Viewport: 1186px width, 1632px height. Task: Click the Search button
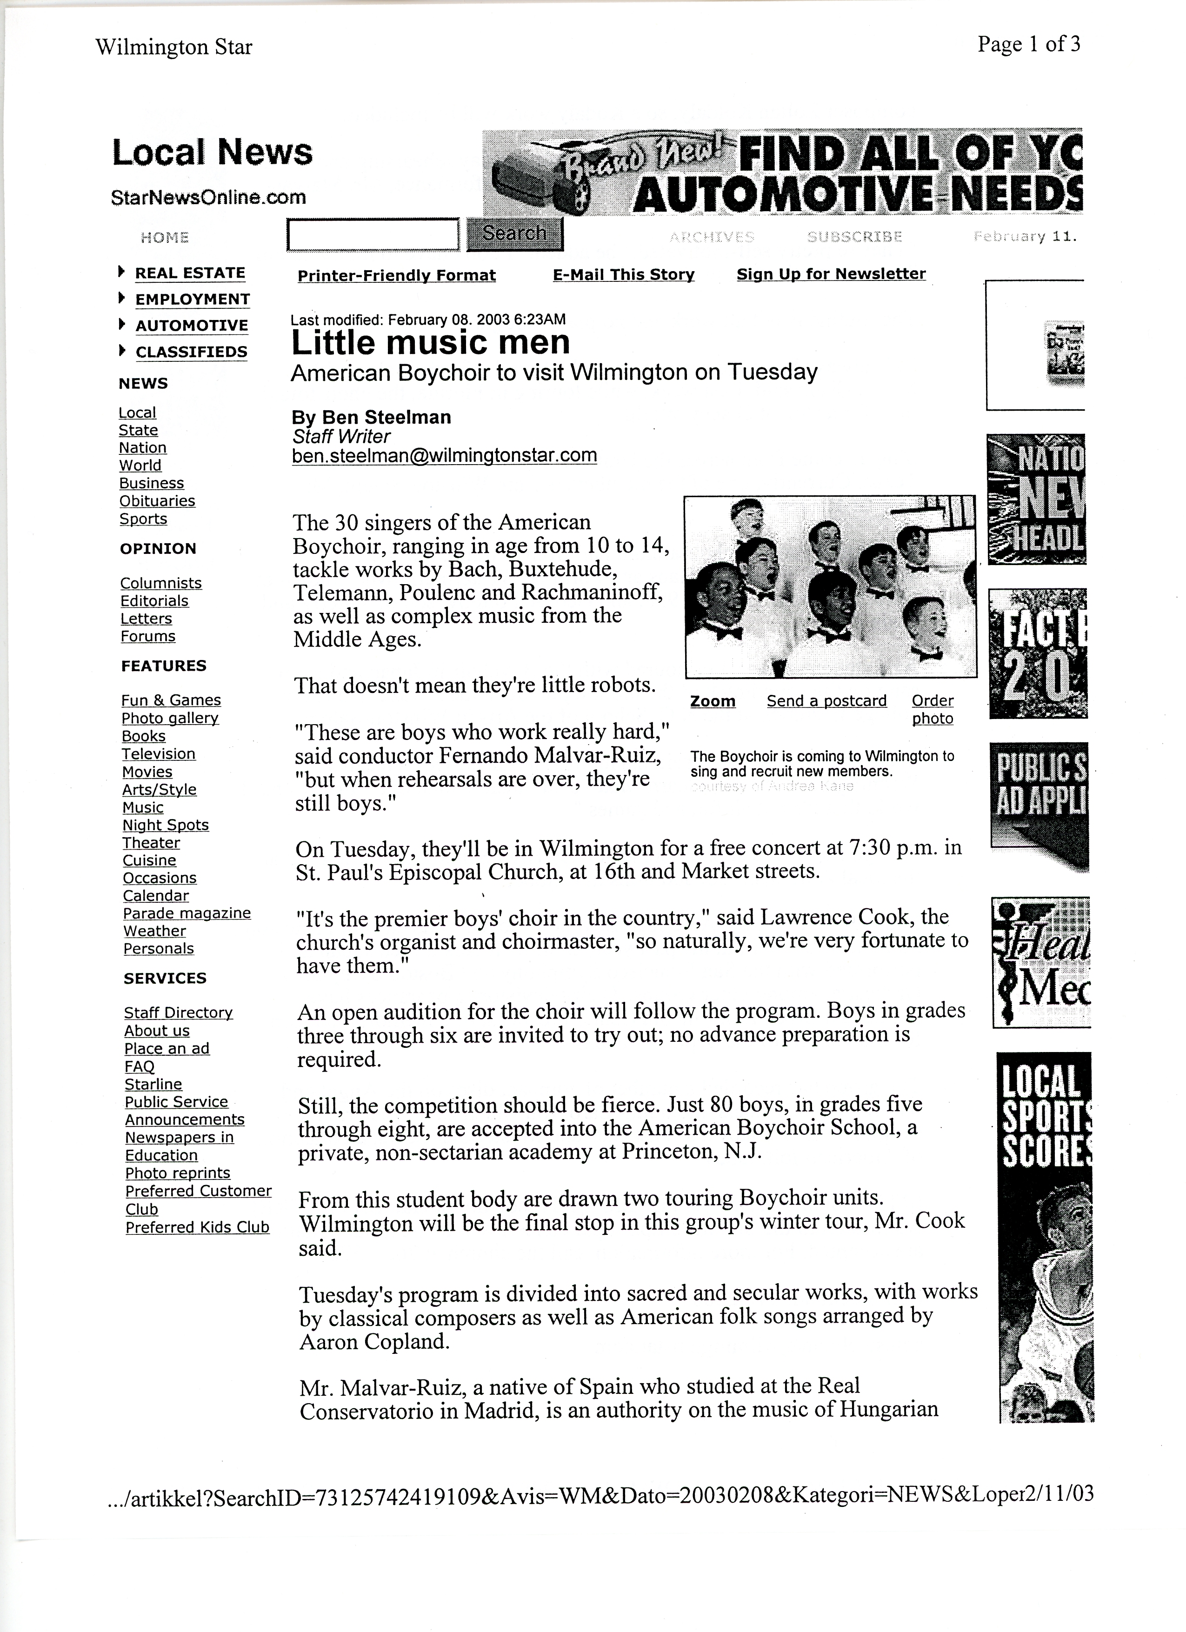coord(514,234)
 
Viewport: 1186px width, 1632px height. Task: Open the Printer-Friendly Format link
coord(397,276)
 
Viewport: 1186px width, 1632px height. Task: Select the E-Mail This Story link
coord(623,275)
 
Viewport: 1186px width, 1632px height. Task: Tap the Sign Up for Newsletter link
coord(831,274)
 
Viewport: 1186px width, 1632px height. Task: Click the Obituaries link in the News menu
coord(157,501)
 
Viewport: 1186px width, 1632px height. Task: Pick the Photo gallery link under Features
coord(170,718)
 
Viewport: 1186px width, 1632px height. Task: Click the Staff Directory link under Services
coord(179,1013)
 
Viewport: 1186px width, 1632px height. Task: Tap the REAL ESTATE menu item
coord(190,273)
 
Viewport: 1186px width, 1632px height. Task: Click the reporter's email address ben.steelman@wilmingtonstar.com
coord(444,455)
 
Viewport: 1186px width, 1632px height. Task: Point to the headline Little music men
coord(430,342)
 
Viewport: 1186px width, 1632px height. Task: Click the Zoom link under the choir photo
coord(713,701)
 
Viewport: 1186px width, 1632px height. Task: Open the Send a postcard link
coord(826,701)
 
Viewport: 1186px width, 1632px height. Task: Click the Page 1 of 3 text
coord(1028,45)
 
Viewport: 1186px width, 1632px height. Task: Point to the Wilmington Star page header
coord(173,47)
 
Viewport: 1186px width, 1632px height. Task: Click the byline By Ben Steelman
coord(371,417)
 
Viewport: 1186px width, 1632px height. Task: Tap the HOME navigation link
coord(165,238)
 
